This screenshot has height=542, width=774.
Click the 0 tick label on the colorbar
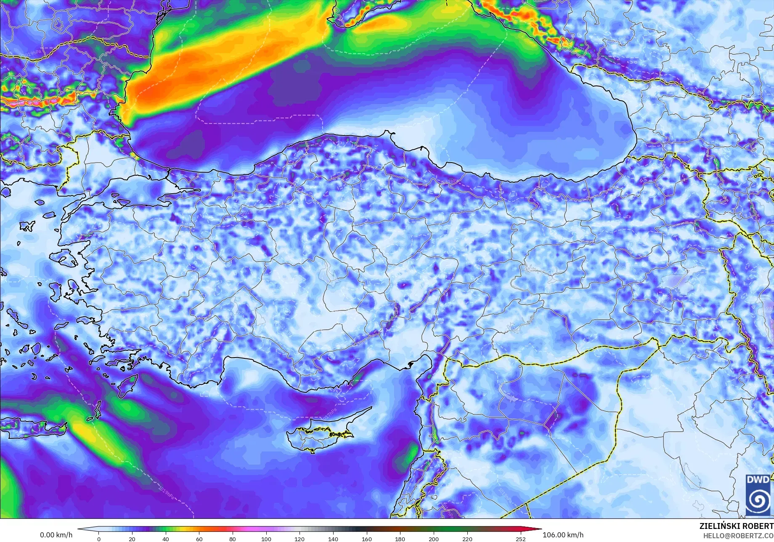(99, 539)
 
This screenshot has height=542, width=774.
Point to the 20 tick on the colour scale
(132, 539)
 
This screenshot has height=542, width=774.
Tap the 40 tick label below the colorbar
(166, 539)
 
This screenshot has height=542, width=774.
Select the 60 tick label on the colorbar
(199, 539)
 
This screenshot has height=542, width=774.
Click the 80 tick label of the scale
(233, 539)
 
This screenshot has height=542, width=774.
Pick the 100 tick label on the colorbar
(266, 539)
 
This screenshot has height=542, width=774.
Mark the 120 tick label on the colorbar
(300, 539)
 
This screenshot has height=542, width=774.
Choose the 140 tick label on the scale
(333, 539)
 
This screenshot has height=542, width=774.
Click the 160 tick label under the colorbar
(366, 539)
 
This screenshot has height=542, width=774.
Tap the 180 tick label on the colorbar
(400, 539)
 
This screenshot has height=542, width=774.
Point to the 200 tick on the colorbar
(433, 539)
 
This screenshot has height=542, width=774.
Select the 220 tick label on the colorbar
(467, 539)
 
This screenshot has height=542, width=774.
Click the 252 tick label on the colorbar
(521, 539)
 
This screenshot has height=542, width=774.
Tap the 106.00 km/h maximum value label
(563, 535)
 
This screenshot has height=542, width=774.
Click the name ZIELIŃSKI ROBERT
(736, 526)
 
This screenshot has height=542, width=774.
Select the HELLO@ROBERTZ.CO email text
(739, 535)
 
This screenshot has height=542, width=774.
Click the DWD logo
(758, 494)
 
